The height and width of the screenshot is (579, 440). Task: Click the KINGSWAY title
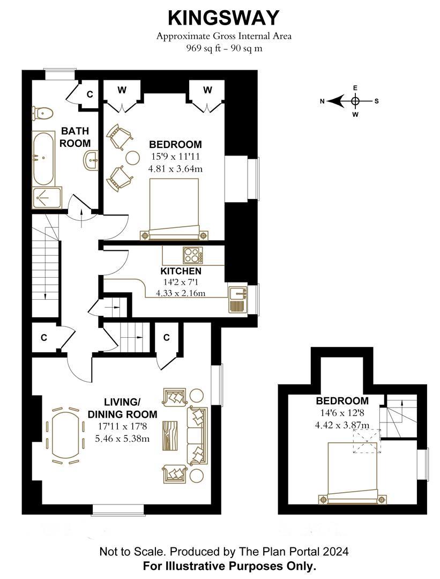(223, 18)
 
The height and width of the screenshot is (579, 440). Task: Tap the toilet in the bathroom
(42, 113)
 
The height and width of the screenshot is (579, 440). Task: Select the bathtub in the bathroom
(43, 159)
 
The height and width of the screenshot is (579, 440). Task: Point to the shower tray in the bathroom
(47, 198)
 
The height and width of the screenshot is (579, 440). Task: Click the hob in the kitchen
(193, 255)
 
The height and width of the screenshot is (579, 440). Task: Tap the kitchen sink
(238, 294)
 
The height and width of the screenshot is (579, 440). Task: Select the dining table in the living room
(65, 434)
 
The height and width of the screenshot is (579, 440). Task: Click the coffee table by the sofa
(170, 435)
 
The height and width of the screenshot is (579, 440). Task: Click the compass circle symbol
(355, 101)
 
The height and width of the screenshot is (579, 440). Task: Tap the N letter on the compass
(322, 101)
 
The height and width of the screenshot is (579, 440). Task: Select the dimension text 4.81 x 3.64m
(175, 169)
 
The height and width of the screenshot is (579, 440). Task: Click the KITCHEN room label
(181, 271)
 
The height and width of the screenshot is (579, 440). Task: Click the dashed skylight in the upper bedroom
(367, 441)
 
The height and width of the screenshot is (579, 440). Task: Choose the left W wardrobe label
(122, 90)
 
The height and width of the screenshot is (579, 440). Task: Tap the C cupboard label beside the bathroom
(90, 94)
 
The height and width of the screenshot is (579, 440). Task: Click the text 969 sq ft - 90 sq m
(224, 48)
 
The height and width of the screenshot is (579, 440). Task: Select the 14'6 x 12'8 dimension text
(342, 413)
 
